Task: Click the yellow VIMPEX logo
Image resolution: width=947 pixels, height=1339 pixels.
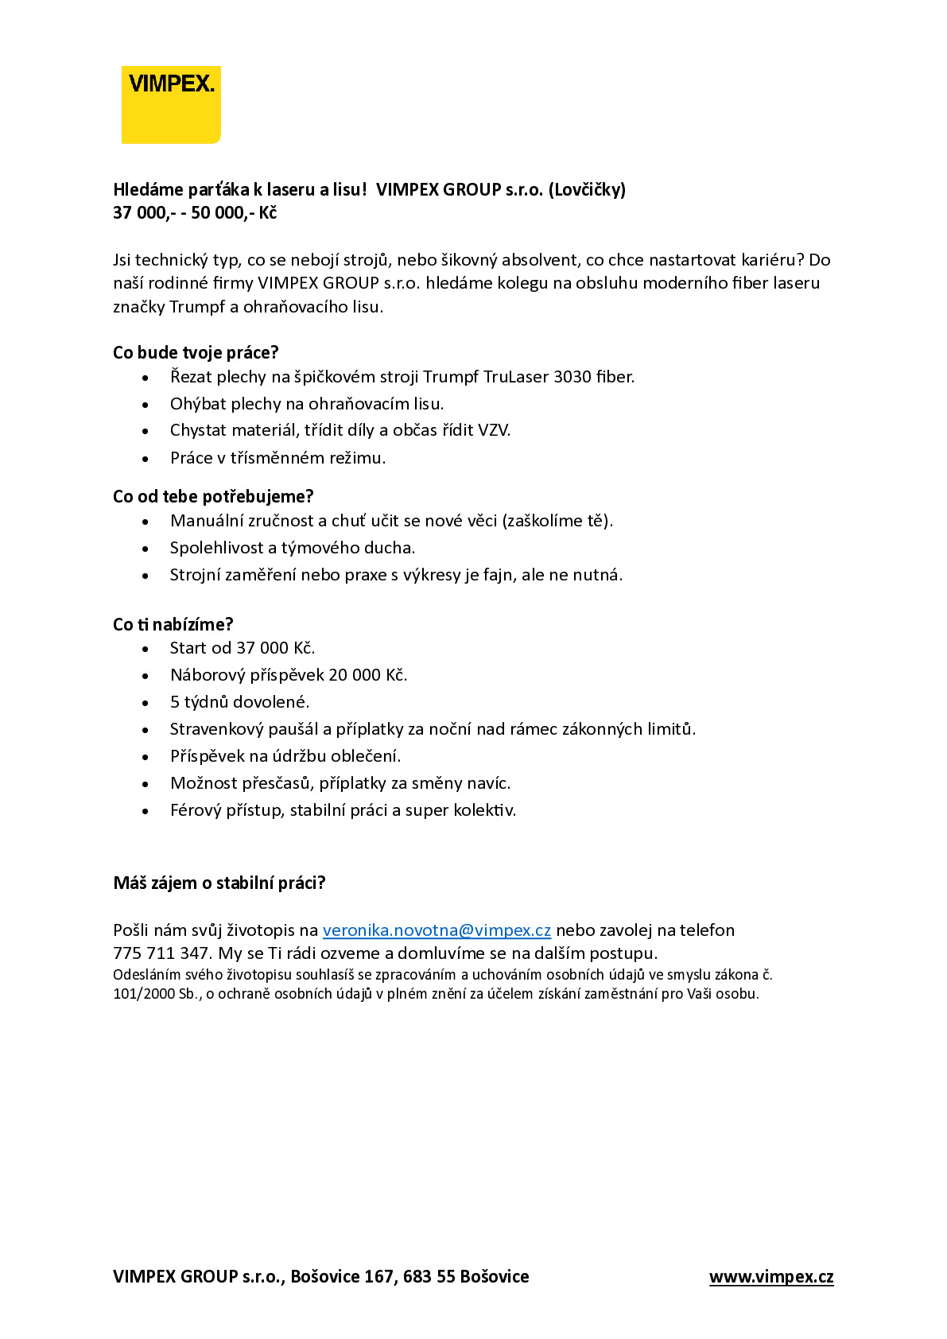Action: coord(171,105)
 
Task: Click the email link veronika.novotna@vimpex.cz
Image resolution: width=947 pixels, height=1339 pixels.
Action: coord(437,930)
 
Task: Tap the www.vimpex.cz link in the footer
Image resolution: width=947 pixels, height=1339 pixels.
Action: coord(771,1277)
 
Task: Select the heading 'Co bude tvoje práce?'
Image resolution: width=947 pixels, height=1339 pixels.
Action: coord(196,353)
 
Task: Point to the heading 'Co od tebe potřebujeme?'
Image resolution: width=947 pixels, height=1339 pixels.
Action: coord(213,497)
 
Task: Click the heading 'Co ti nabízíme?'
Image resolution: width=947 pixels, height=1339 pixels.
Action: coord(173,625)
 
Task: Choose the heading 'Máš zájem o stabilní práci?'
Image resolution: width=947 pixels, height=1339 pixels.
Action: coord(219,883)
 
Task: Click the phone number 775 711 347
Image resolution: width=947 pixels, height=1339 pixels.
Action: coord(161,953)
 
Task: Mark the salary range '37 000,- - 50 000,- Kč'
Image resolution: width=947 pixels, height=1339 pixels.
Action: coord(195,213)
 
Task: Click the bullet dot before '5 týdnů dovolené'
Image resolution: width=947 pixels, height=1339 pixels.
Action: coord(146,703)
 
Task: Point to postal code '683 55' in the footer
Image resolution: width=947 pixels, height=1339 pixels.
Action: coord(429,1277)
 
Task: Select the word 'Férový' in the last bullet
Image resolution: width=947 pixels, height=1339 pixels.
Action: coord(196,810)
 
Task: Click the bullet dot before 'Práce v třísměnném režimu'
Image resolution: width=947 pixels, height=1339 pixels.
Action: coord(146,459)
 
